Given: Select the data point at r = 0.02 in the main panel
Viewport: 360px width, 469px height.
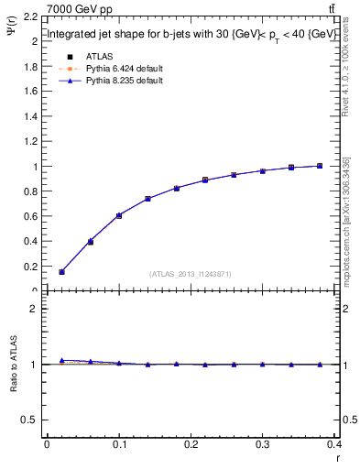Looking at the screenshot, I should pyautogui.click(x=61, y=272).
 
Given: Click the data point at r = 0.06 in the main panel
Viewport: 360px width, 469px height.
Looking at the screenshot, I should pyautogui.click(x=90, y=242).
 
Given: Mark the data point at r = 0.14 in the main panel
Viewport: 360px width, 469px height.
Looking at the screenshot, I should pyautogui.click(x=147, y=199).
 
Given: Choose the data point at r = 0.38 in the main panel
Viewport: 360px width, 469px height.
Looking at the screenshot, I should pyautogui.click(x=320, y=166).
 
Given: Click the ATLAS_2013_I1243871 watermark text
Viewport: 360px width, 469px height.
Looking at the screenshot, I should pyautogui.click(x=190, y=274).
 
